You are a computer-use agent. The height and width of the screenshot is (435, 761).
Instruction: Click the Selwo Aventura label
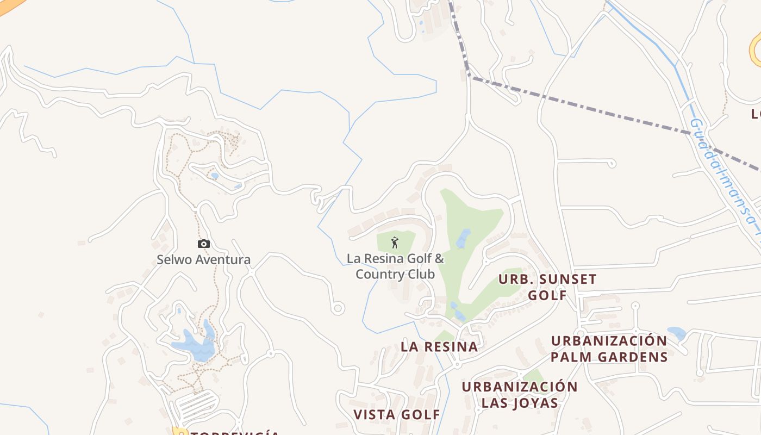(204, 260)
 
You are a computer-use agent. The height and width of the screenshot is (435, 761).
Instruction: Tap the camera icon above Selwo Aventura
(204, 244)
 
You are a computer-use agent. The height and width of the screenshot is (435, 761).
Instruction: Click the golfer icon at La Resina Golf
(395, 243)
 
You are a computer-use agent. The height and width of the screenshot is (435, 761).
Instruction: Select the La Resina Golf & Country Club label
(395, 266)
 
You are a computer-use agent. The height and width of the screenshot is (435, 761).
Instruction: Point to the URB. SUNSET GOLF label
(547, 287)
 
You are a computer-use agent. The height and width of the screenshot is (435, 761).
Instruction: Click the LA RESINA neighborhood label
(439, 347)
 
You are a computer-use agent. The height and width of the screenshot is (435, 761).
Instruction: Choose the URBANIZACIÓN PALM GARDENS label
(609, 349)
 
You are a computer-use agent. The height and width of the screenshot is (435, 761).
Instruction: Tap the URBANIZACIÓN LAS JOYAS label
(520, 395)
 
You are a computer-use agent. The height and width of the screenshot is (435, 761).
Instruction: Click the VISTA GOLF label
(397, 414)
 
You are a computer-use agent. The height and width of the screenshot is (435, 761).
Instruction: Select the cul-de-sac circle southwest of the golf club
(338, 309)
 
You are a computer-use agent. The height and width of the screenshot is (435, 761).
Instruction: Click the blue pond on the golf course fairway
(463, 238)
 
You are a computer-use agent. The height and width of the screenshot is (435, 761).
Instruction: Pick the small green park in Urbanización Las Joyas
(534, 376)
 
